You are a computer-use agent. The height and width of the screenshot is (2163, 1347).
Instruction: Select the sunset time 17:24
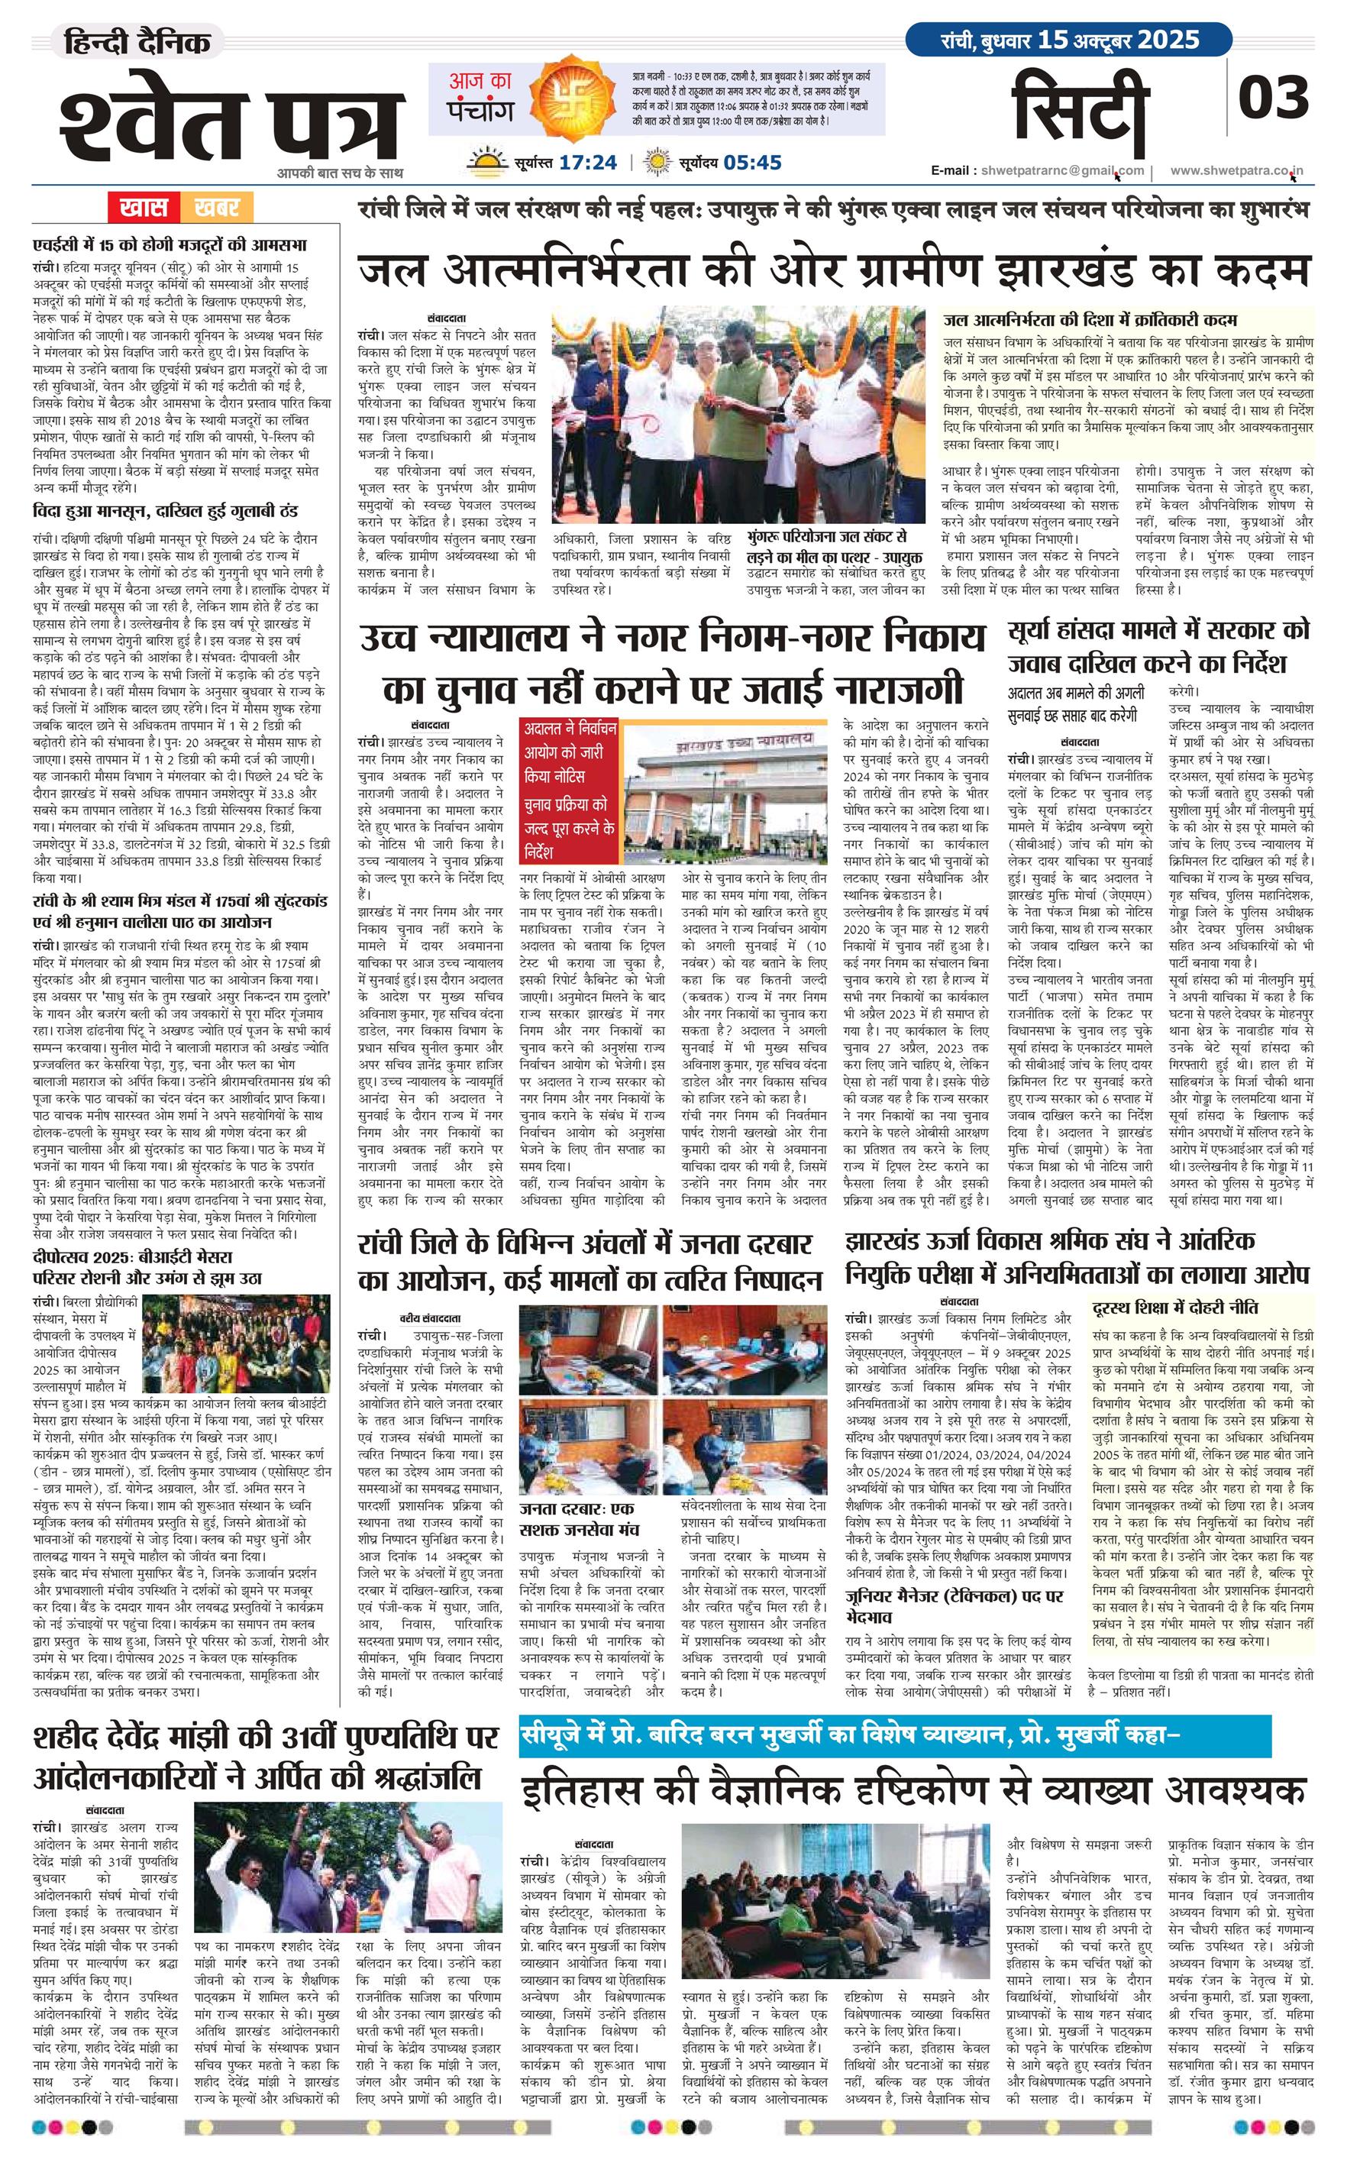point(588,162)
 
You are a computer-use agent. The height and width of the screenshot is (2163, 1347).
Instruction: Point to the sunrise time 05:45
point(753,162)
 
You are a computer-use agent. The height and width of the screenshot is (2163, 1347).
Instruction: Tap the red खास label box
point(144,208)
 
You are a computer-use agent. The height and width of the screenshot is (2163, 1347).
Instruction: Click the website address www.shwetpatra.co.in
point(1236,170)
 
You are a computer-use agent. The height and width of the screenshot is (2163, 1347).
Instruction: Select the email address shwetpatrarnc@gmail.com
point(1062,170)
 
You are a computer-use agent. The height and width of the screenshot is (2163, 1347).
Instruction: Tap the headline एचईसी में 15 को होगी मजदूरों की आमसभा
point(170,245)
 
